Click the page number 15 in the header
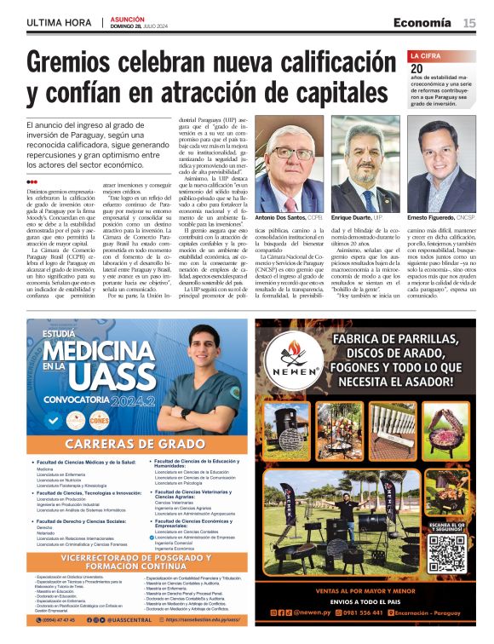coord(469,22)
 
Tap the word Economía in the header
coord(422,22)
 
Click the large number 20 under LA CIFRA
coord(416,69)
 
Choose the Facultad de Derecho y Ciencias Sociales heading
coord(82,520)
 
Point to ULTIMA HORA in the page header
coord(60,22)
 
